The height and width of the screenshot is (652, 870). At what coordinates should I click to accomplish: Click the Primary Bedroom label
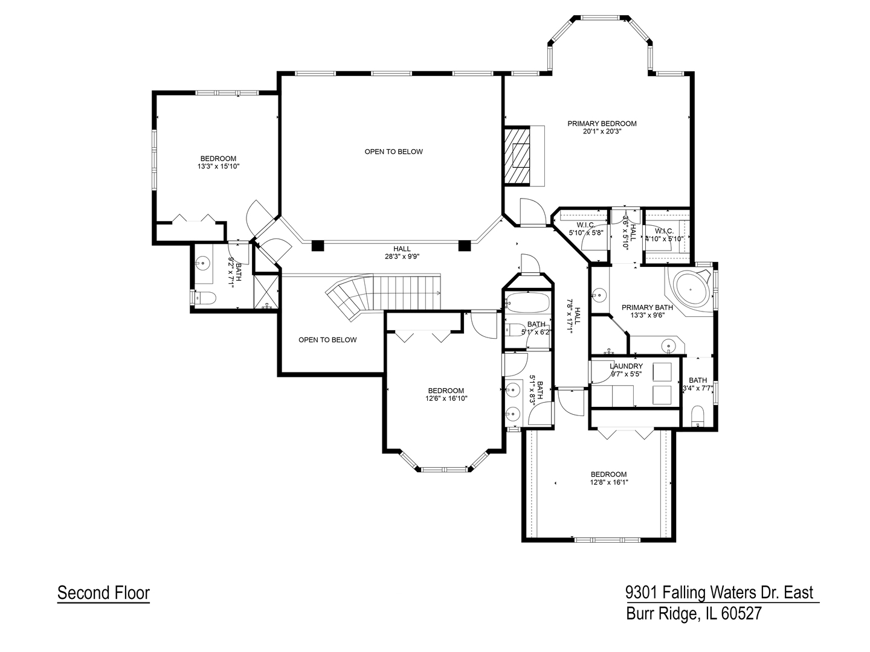(x=602, y=124)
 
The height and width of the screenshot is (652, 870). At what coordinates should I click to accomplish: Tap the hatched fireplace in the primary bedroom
(x=517, y=156)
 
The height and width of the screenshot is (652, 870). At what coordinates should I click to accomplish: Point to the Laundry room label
(x=626, y=366)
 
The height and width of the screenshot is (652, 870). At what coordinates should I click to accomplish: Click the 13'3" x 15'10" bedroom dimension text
(x=219, y=167)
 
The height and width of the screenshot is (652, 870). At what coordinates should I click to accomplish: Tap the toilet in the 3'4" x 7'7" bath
(x=697, y=416)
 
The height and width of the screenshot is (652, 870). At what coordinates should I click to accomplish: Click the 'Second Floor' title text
(x=103, y=593)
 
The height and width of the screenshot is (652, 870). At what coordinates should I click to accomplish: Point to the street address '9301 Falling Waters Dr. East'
(x=719, y=593)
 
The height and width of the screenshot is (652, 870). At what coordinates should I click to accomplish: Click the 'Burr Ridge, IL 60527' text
(x=694, y=614)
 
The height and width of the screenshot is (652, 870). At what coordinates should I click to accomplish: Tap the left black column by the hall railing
(x=318, y=245)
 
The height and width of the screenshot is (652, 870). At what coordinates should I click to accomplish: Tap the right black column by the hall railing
(x=464, y=245)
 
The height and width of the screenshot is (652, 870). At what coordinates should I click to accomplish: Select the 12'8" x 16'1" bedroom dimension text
(x=609, y=482)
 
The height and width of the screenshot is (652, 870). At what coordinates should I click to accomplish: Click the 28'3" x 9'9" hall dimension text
(x=402, y=257)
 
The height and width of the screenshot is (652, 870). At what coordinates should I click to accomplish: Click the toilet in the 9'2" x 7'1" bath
(x=206, y=298)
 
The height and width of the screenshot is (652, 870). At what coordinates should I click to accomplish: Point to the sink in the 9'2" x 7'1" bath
(x=204, y=263)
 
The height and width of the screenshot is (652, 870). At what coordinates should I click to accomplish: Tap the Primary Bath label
(x=647, y=307)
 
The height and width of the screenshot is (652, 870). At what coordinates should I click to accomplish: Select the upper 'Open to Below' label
(x=393, y=152)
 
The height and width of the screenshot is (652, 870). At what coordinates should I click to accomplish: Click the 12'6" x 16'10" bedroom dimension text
(x=446, y=398)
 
